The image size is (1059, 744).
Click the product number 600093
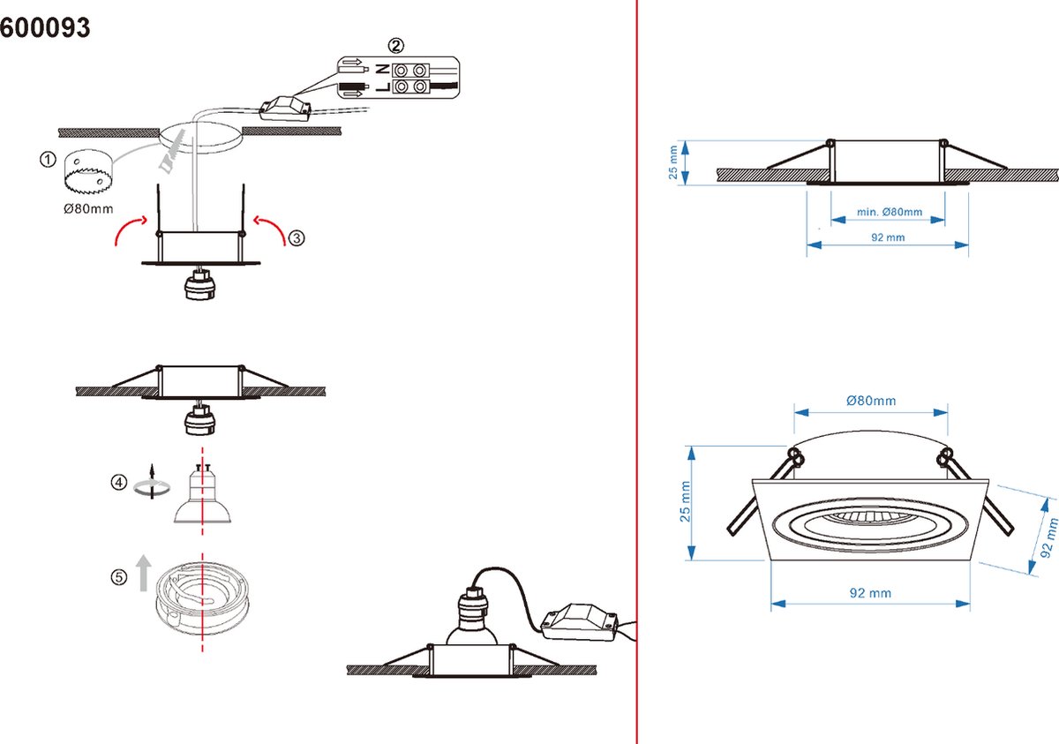point(45,27)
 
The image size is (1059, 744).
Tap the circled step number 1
point(48,160)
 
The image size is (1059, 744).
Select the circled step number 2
point(395,45)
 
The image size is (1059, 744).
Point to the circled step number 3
point(297,237)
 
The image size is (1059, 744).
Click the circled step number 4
point(118,483)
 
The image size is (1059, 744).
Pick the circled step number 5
point(118,577)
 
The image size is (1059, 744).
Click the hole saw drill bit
point(87,171)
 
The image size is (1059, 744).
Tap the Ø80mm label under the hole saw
point(88,208)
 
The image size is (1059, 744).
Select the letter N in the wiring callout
point(382,70)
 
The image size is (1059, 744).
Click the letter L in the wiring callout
point(382,87)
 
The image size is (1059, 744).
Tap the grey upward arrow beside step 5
point(144,573)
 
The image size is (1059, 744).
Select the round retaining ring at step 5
point(202,597)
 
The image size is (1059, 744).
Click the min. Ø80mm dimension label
point(890,212)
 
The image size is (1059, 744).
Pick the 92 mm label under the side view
point(888,237)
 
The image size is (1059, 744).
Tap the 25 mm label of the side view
point(673,162)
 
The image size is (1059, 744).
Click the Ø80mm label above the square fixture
point(871,401)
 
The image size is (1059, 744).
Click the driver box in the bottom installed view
point(579,622)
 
